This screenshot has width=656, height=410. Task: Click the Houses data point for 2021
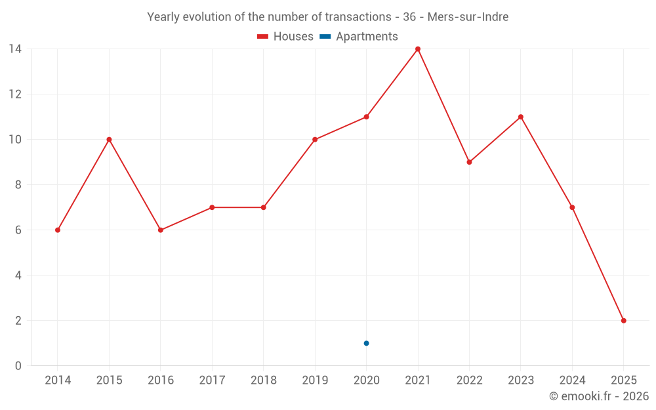point(418,49)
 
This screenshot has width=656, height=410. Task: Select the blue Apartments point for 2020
point(366,343)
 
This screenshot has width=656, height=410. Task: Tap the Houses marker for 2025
point(623,321)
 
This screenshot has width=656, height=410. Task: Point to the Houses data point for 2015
point(109,140)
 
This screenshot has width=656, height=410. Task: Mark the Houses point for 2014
point(58,230)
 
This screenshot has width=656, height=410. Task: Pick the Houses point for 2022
point(469,162)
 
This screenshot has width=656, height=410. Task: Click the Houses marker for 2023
point(520,117)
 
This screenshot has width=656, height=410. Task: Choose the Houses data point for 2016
point(161,230)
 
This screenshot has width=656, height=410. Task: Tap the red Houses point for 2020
point(366,117)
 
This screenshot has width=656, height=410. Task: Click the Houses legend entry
point(285,37)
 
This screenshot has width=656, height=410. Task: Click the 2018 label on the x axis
point(263,380)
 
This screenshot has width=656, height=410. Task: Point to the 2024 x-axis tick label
point(572,380)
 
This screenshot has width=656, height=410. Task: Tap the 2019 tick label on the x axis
point(315,380)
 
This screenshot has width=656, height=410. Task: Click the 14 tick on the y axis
point(15,49)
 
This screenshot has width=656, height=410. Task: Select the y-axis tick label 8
point(18,185)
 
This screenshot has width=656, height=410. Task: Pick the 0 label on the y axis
point(18,366)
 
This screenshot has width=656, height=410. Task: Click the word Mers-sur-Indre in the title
point(468,17)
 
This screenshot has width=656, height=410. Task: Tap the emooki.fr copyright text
point(598,396)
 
